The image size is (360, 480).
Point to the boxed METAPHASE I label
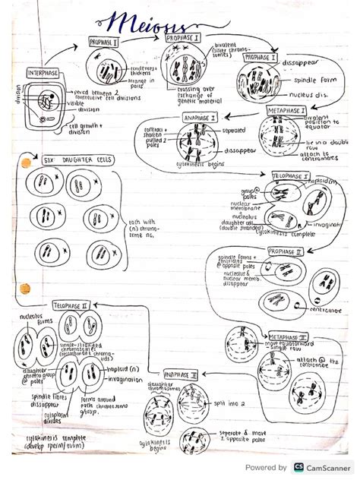tap(286, 111)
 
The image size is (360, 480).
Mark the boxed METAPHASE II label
tap(286, 336)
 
